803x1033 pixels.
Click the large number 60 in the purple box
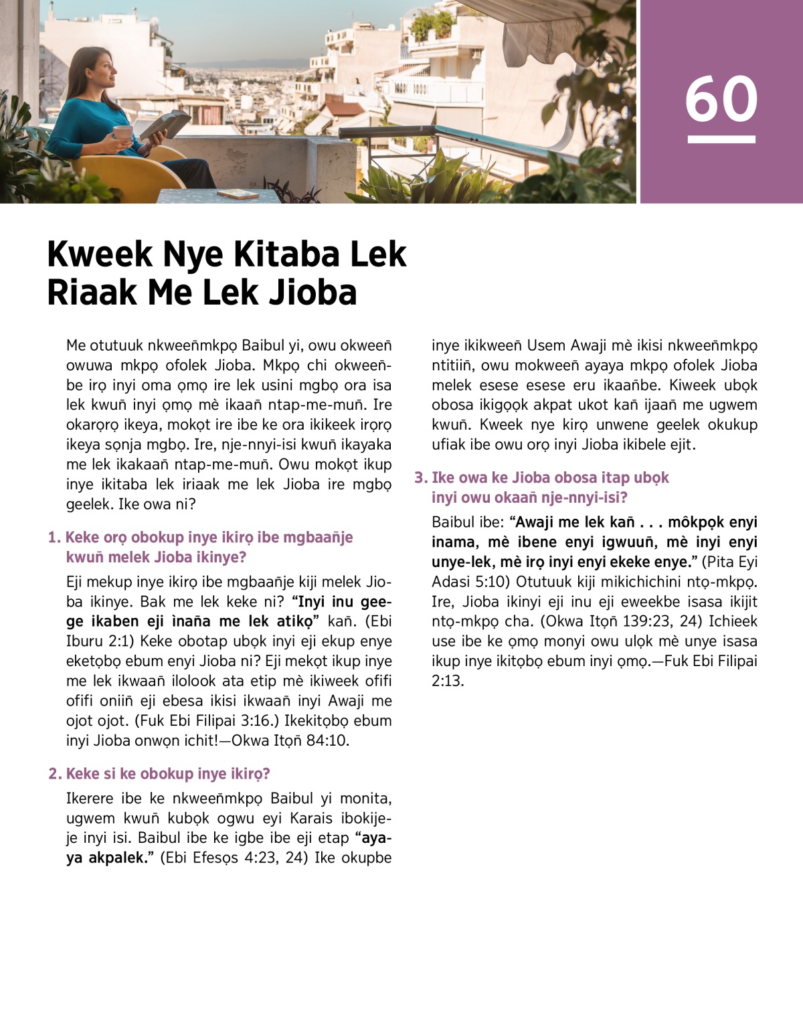pyautogui.click(x=721, y=98)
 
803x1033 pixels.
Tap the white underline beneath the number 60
pyautogui.click(x=721, y=139)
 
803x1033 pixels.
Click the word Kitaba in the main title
pyautogui.click(x=282, y=254)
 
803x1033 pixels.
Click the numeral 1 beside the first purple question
pyautogui.click(x=53, y=538)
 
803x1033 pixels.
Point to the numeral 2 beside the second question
pyautogui.click(x=54, y=774)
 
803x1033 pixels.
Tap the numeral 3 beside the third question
pyautogui.click(x=420, y=478)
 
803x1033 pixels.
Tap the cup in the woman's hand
pyautogui.click(x=122, y=133)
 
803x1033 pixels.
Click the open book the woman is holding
pyautogui.click(x=165, y=125)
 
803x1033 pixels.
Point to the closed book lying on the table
pyautogui.click(x=238, y=193)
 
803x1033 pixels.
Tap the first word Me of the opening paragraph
pyautogui.click(x=76, y=346)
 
